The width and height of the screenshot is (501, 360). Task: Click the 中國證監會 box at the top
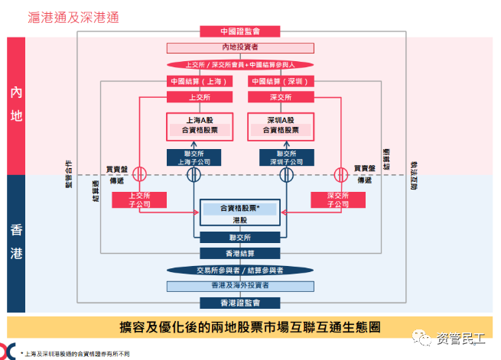click(x=239, y=32)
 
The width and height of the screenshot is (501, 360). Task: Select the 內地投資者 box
click(x=239, y=48)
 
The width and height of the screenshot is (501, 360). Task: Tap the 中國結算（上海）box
click(x=198, y=81)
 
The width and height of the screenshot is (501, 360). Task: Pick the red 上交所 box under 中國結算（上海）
click(x=198, y=98)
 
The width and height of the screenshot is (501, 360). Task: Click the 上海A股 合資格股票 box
click(x=198, y=126)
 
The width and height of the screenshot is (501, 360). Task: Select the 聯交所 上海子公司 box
click(x=198, y=157)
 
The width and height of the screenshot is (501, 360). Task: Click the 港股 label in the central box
click(x=239, y=219)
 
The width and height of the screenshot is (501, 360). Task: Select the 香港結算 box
click(x=239, y=253)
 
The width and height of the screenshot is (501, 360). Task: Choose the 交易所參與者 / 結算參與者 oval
click(x=239, y=270)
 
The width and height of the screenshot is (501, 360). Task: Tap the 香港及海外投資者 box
click(x=239, y=286)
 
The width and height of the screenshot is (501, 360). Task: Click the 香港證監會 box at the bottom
click(x=239, y=303)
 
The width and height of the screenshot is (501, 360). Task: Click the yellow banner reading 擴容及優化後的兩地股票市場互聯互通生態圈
click(x=250, y=326)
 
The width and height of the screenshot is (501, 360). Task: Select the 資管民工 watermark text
click(x=456, y=337)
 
